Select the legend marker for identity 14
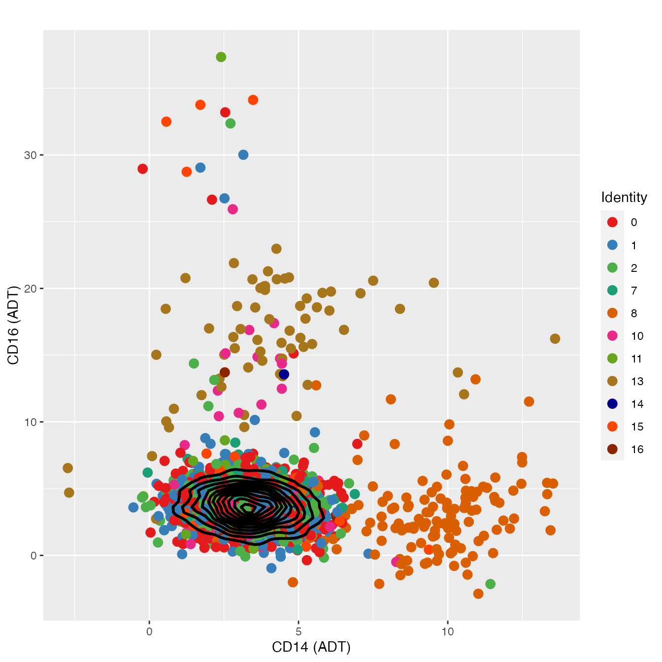pyautogui.click(x=612, y=404)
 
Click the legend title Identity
pyautogui.click(x=624, y=198)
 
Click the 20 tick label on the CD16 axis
pyautogui.click(x=31, y=289)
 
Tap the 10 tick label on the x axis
pyautogui.click(x=447, y=631)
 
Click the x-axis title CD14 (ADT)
pyautogui.click(x=311, y=647)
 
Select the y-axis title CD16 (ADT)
pyautogui.click(x=13, y=325)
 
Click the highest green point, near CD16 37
pyautogui.click(x=221, y=57)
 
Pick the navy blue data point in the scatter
pyautogui.click(x=284, y=374)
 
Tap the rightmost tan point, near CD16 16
pyautogui.click(x=555, y=339)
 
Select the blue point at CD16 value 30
pyautogui.click(x=243, y=155)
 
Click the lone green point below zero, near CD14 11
pyautogui.click(x=490, y=584)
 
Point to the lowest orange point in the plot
pyautogui.click(x=478, y=594)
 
